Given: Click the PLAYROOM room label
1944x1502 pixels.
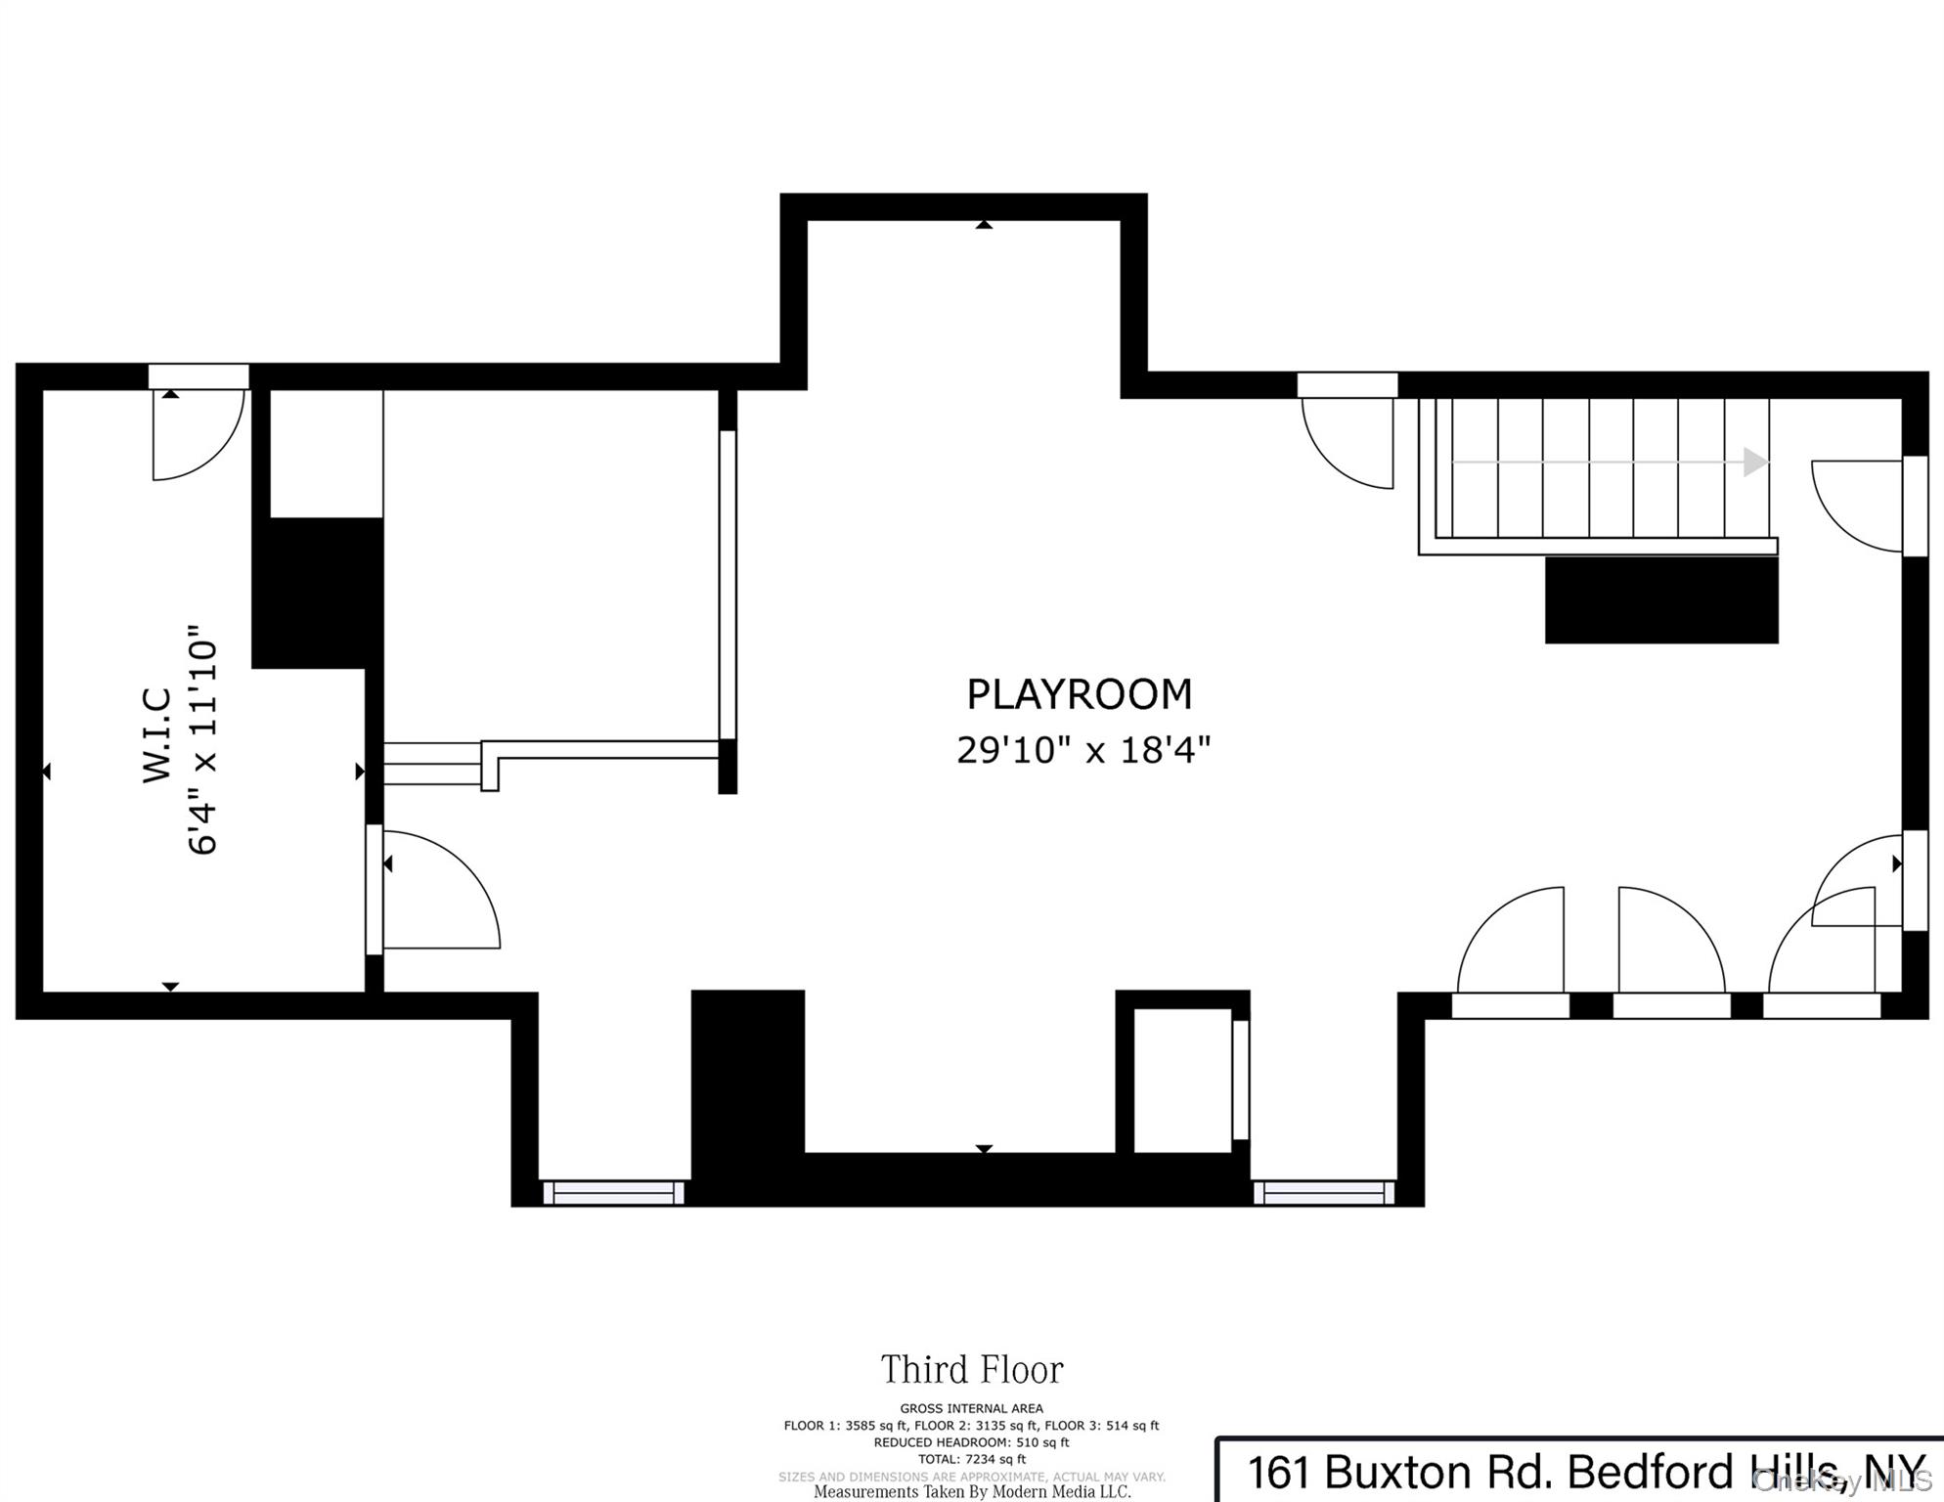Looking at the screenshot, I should coord(1080,694).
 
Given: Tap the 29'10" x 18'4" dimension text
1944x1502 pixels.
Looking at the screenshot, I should coord(1083,750).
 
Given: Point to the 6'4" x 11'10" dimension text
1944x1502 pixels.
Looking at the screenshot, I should coord(202,739).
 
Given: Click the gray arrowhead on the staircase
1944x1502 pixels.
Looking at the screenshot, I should coord(1756,462).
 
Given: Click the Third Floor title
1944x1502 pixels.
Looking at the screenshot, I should coord(972,1370).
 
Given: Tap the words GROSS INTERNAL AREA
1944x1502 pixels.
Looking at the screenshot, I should coord(972,1408).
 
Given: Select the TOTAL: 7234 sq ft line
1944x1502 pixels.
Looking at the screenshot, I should coord(972,1459).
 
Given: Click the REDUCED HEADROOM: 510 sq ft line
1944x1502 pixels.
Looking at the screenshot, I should coord(972,1442).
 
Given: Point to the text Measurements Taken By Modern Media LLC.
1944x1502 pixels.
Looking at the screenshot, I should coord(972,1492).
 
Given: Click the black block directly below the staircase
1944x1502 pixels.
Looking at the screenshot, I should coord(1661,599).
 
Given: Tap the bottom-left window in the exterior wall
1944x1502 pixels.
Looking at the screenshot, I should coord(613,1193).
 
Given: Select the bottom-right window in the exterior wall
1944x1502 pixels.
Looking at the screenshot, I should coord(1324,1193).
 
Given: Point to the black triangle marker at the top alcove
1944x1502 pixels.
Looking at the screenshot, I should coord(984,225).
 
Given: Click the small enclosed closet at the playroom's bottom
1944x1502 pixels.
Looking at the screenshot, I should coord(1182,1080).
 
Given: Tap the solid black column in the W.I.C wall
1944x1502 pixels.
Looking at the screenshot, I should coord(318,593).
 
